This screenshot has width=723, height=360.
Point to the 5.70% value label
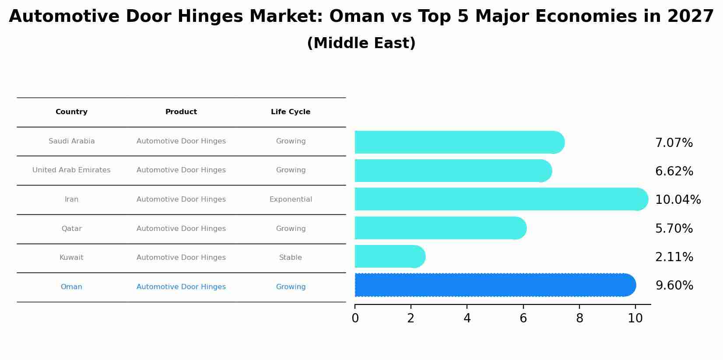tap(674, 228)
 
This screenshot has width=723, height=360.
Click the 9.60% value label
tap(674, 286)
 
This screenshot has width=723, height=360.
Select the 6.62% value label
tap(674, 171)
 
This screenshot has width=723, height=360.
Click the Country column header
tap(71, 112)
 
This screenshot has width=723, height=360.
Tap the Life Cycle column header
tap(291, 112)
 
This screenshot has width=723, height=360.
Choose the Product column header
tap(181, 112)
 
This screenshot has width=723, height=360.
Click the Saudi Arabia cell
tap(71, 141)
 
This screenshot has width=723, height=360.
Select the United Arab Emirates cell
tap(71, 170)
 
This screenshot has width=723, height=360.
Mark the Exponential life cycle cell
tap(291, 199)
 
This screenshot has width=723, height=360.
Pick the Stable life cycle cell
tap(291, 258)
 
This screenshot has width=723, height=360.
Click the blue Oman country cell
tap(71, 287)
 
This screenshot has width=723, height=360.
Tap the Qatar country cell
tap(71, 229)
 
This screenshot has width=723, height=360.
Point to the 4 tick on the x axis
tap(467, 318)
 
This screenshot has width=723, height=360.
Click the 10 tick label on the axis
tap(635, 318)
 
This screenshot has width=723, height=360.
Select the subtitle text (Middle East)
tap(361, 43)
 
